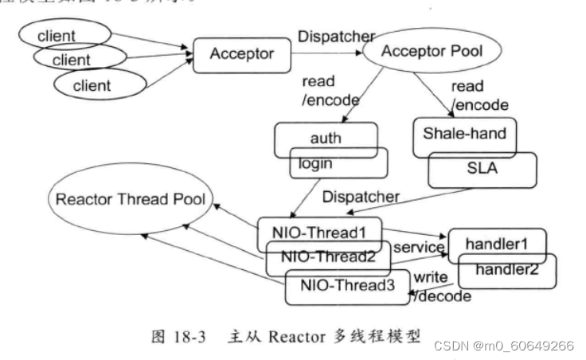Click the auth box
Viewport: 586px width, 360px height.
click(325, 138)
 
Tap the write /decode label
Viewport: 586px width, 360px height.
click(440, 287)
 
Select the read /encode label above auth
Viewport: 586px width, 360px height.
click(330, 92)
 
